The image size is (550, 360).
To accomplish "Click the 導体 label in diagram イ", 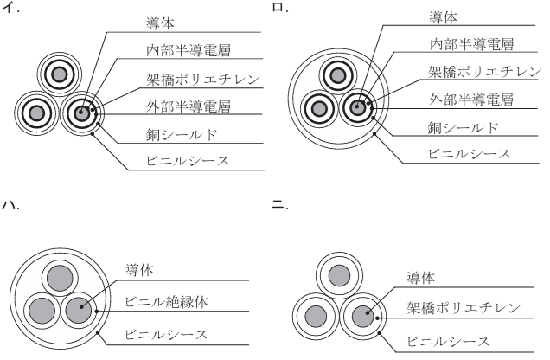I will tap(161, 20).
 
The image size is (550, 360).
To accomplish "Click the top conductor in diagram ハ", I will tap(60, 280).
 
